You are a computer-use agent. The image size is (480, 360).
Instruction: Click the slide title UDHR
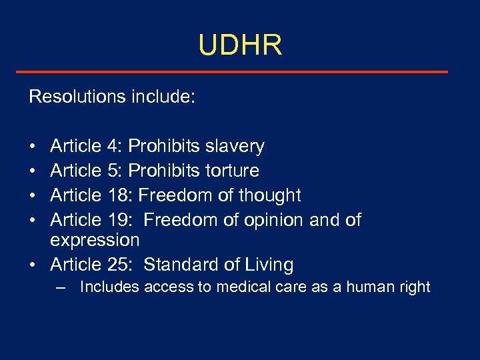[x=240, y=45]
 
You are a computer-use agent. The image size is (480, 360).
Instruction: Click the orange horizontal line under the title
[x=240, y=72]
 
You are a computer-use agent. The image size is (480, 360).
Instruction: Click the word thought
[x=269, y=195]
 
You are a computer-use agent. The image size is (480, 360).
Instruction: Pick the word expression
[x=95, y=240]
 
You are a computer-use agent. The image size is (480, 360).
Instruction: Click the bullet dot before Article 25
[x=33, y=265]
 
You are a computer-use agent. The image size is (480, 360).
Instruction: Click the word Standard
[x=179, y=265]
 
